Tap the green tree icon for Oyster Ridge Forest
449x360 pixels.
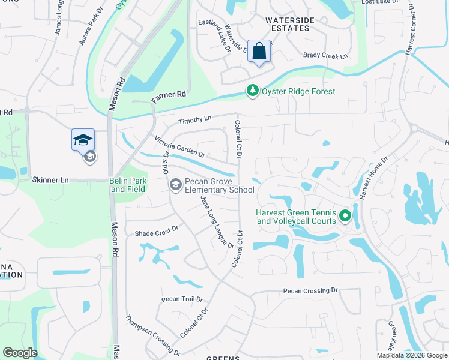(x=253, y=91)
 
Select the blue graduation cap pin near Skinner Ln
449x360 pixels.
(x=83, y=141)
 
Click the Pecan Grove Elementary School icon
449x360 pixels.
(x=176, y=184)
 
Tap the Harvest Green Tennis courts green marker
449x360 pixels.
(x=345, y=215)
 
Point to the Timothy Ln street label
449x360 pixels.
(x=195, y=120)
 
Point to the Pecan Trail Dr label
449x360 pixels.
(x=182, y=299)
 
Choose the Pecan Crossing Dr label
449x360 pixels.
(x=310, y=291)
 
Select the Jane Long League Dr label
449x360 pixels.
(x=217, y=224)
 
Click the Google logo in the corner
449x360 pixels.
(x=20, y=353)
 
